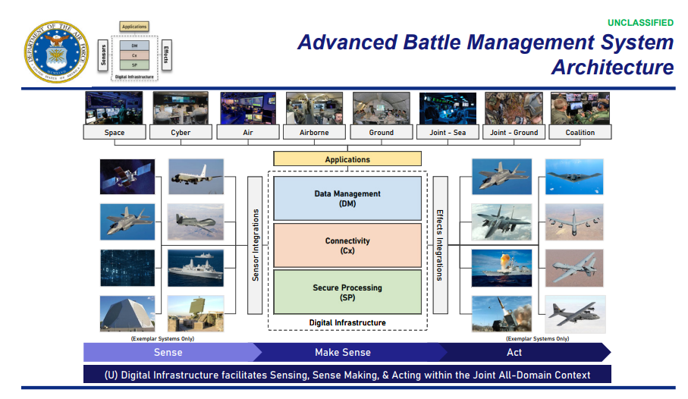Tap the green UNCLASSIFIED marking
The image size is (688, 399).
pos(640,22)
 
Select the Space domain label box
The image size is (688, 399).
pos(115,133)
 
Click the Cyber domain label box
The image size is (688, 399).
pos(181,133)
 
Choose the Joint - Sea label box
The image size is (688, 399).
pos(448,133)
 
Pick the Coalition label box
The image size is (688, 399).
pos(580,133)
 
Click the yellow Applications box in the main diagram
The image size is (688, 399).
pos(347,159)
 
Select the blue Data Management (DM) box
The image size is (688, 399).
pos(347,198)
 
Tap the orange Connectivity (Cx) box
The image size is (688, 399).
pos(347,245)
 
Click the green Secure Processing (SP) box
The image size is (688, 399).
pos(347,292)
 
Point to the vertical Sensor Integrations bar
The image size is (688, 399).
pos(255,244)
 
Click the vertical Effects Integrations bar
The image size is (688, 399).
pos(440,244)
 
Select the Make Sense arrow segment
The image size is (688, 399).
pos(343,352)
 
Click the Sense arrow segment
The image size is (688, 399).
pos(168,352)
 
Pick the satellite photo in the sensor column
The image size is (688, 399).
pos(127,176)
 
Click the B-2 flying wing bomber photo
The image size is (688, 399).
pos(574,176)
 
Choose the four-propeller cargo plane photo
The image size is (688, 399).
pos(574,313)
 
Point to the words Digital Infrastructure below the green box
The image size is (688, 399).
pos(347,322)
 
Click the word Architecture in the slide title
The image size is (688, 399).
pos(612,68)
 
